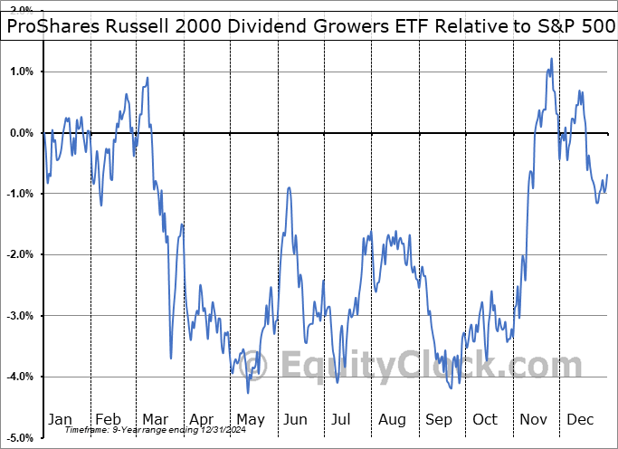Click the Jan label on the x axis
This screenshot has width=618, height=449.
coord(60,420)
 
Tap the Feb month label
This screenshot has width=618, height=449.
coord(109,420)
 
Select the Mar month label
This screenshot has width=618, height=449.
coord(156,420)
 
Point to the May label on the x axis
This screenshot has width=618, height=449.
coord(251,420)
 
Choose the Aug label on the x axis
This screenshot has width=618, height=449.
coord(393,420)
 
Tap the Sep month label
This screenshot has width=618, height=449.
coord(440,420)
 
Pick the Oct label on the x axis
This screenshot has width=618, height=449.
coord(486,420)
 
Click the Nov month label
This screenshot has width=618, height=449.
coord(533,420)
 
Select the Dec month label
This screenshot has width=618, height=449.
coord(580,420)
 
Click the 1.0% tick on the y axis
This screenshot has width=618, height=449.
coord(22,72)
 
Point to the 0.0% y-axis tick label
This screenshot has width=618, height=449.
coord(22,133)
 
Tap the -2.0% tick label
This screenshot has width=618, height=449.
coord(20,255)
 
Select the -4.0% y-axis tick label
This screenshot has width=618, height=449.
coord(20,377)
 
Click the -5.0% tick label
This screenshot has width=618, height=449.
coord(20,438)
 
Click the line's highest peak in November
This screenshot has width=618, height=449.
coord(551,60)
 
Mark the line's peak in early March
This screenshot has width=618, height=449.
coord(147,78)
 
